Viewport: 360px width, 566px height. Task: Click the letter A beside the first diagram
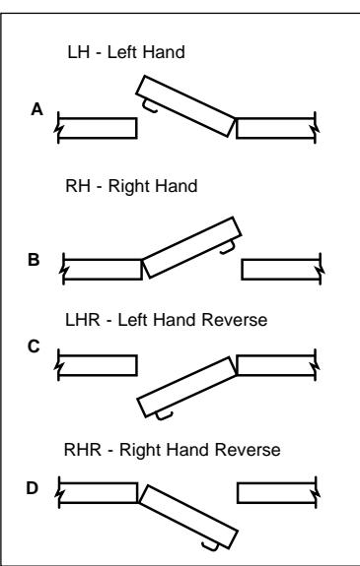36,109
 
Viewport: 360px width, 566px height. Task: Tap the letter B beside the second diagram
34,260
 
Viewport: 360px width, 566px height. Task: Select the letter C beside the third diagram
34,346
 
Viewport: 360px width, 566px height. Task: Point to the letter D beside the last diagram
32,488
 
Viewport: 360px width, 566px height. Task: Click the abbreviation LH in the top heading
79,52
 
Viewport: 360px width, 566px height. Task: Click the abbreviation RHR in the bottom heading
83,450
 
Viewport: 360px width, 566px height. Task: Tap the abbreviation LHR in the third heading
83,320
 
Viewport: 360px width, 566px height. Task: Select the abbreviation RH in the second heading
78,186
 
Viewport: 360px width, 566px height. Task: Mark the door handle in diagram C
164,416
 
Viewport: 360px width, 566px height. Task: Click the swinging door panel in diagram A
185,106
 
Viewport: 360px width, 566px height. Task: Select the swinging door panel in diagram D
188,517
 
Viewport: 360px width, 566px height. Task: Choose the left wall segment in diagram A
97,128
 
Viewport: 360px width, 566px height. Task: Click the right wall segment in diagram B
281,270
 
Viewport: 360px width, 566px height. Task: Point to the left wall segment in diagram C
97,365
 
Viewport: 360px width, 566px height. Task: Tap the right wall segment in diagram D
277,493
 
